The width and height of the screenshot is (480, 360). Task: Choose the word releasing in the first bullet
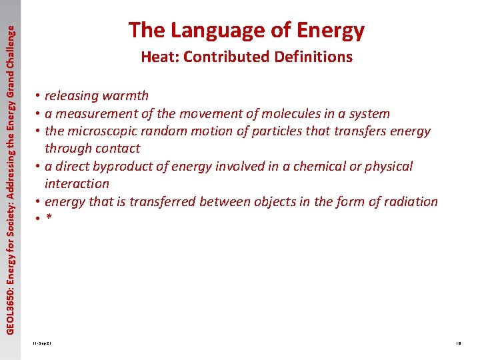[x=71, y=96]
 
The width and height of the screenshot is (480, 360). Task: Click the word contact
[x=117, y=149]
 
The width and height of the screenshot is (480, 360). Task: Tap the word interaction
[x=77, y=183]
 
